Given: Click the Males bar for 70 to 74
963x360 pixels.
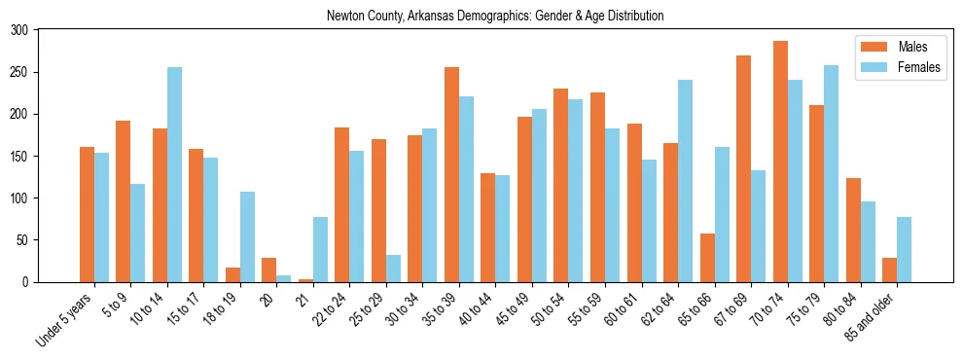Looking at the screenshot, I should pos(780,162).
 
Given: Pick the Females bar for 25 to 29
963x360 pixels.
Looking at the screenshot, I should pos(393,269).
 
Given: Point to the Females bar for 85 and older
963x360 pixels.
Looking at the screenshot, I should pos(904,249).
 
